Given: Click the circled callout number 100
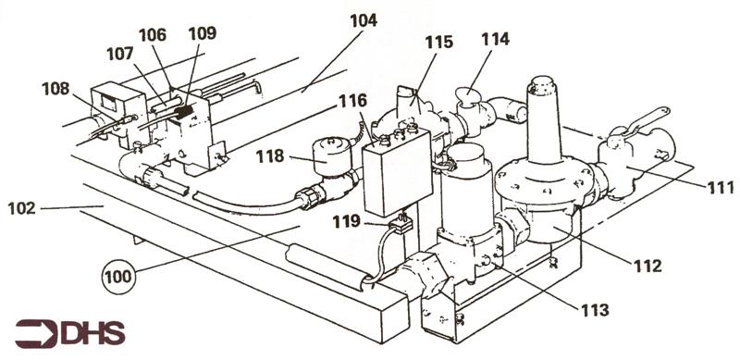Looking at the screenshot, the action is click(119, 277).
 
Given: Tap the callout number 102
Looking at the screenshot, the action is click(21, 208).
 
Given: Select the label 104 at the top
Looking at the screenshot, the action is click(364, 20).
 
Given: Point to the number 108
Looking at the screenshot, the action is click(55, 89).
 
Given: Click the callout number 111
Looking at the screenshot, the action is click(721, 188).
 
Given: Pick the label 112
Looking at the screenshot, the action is click(647, 266).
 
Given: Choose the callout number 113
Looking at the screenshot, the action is click(595, 310).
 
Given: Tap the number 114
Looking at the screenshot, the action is click(495, 39).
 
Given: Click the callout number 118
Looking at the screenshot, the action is click(270, 156).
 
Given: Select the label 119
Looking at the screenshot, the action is click(346, 221).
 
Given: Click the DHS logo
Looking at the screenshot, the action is click(70, 333).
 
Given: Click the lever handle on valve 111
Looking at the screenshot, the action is click(646, 122).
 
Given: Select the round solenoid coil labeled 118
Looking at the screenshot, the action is click(332, 155).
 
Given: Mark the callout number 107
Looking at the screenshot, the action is click(120, 54).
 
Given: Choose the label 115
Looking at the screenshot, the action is click(438, 42).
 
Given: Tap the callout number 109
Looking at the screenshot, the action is click(202, 33).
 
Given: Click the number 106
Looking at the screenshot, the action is click(153, 35).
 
